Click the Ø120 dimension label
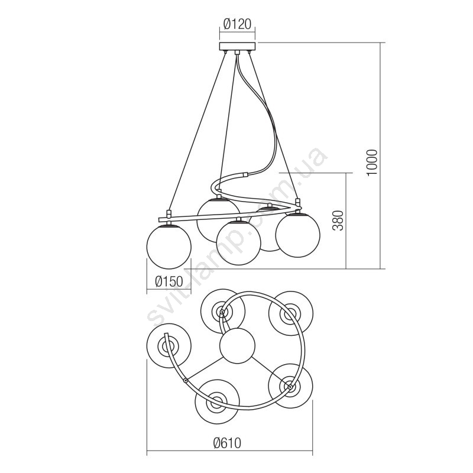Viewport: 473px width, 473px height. coord(237,24)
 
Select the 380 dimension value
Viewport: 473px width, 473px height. coord(338,221)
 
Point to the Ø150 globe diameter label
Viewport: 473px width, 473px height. coord(169,281)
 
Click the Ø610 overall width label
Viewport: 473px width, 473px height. coord(227,443)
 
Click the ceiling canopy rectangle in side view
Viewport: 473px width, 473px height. coord(237,46)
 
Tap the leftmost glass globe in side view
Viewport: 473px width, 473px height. coord(169,246)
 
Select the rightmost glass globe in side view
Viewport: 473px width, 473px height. coord(298,235)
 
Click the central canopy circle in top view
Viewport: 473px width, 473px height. coord(237,346)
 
